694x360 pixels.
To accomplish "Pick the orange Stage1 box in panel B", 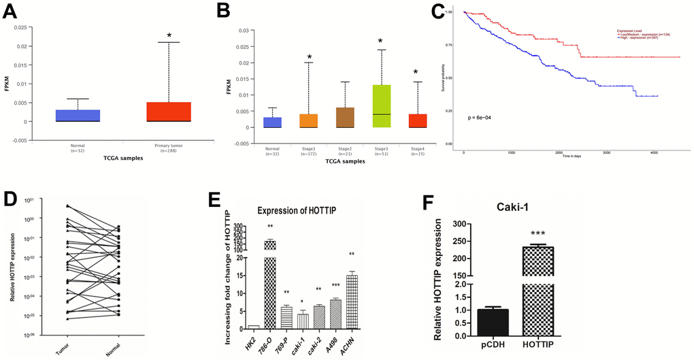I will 309,121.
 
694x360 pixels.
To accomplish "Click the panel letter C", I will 438,12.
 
